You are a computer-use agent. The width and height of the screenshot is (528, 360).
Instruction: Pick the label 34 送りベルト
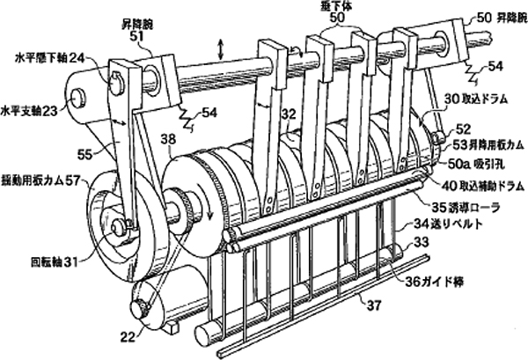[x=460, y=224]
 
